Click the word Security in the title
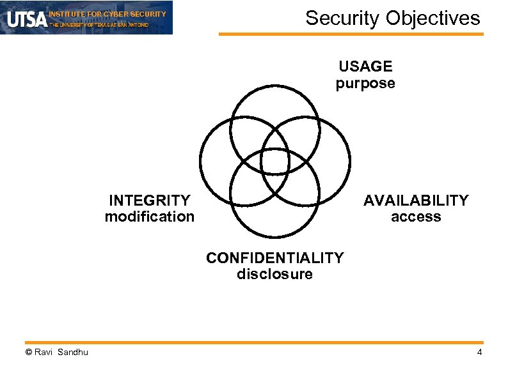[x=343, y=18]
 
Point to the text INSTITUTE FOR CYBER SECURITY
[x=107, y=13]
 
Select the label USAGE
[x=365, y=66]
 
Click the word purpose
[x=365, y=83]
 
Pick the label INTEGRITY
[x=150, y=201]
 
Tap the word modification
[x=150, y=217]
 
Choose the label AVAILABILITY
[x=416, y=201]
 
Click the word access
[x=416, y=217]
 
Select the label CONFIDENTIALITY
[x=274, y=258]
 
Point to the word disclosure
[x=274, y=275]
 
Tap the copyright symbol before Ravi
[x=28, y=353]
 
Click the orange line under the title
[x=351, y=34]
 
